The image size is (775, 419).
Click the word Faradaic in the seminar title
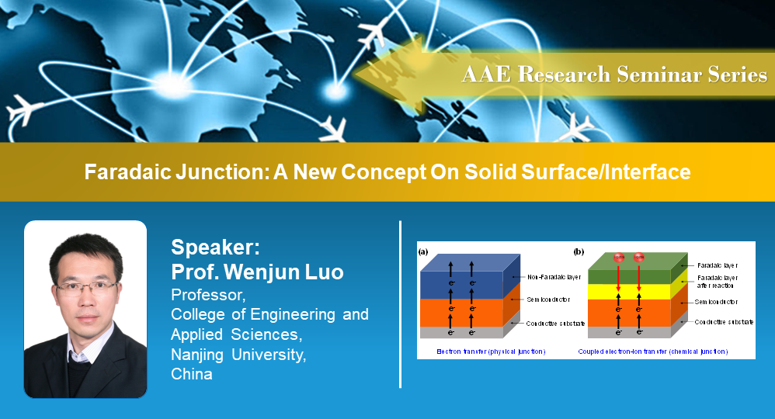(x=122, y=171)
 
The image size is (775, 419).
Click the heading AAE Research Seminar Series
(x=614, y=74)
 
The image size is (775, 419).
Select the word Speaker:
(x=215, y=248)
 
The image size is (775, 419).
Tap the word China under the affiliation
(x=192, y=374)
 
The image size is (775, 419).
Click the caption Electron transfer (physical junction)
(x=481, y=351)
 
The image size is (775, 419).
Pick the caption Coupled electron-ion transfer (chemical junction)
(x=653, y=351)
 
